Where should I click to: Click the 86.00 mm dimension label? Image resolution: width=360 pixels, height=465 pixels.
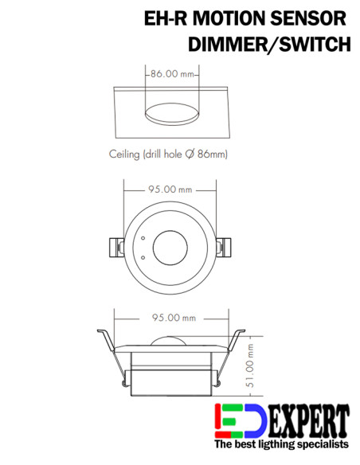[172, 74]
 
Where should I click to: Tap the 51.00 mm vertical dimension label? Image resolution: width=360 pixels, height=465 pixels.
[250, 365]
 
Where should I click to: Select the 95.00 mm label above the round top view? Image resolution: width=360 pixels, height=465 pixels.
[170, 190]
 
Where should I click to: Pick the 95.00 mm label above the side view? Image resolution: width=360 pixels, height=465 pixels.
[174, 318]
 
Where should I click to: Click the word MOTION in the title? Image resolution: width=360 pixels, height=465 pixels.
[229, 18]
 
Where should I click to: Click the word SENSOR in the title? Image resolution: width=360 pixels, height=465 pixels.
[308, 18]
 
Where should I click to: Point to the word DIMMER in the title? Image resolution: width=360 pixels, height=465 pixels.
[227, 45]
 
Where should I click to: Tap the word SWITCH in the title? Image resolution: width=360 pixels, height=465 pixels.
[315, 45]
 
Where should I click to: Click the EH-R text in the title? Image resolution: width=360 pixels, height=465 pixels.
[166, 18]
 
